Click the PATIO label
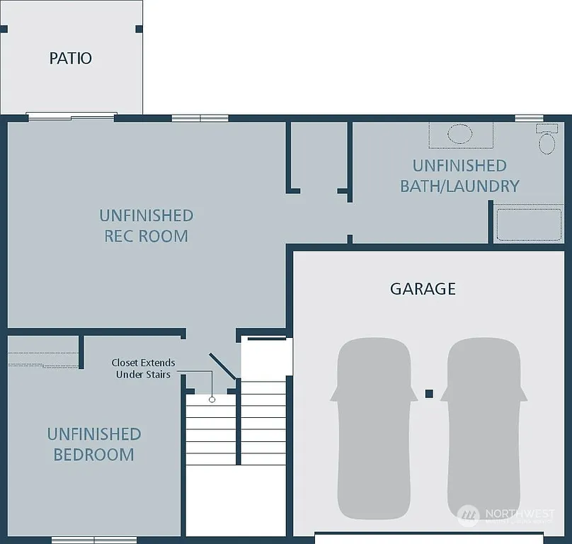71,58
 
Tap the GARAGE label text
423,289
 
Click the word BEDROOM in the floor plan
93,455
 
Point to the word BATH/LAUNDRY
459,186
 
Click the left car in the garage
373,426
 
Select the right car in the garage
484,426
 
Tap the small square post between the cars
428,393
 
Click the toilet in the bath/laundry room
547,139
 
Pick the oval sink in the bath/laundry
460,134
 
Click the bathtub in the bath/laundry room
529,224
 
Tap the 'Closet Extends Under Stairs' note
143,368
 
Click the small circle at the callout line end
212,400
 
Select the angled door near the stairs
222,365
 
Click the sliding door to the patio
71,116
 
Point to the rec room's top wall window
200,118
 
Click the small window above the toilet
529,118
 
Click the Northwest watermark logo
468,515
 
